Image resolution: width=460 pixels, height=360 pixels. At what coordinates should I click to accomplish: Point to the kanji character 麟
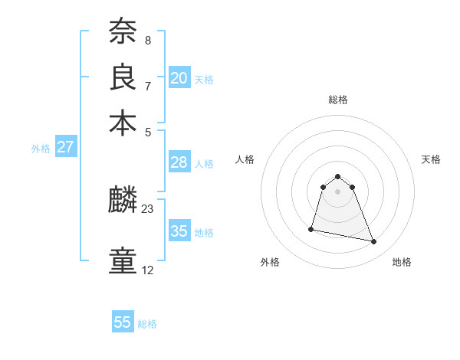coord(123,201)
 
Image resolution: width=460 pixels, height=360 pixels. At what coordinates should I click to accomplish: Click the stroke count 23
coord(148,208)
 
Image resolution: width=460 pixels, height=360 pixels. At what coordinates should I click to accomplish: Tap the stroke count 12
coord(148,270)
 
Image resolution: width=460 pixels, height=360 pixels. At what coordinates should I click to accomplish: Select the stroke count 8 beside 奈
coord(147,40)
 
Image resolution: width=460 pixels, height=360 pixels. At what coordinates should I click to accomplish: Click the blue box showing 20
coord(179,77)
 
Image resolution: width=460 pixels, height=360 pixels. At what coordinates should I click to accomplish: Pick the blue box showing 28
coord(179,162)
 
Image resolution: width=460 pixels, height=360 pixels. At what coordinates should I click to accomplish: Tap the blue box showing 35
coord(179,231)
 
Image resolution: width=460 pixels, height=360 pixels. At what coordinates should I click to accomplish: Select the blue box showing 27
coord(65,147)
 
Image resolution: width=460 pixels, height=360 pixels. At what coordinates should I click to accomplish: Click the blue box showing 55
coord(123,322)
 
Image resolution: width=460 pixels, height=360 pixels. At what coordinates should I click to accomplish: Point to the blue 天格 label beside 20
coord(204,80)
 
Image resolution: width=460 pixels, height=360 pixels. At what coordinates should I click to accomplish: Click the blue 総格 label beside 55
coord(147,324)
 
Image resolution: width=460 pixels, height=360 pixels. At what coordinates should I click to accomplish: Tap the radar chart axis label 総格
coord(337,100)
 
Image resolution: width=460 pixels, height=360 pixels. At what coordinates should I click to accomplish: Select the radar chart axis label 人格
coord(245,159)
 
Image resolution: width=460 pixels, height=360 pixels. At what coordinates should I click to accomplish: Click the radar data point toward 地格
coord(374,242)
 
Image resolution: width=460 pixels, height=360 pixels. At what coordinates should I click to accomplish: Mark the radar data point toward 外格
coord(311,228)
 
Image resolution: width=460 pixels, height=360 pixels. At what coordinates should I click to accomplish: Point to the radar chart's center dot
coord(337,191)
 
